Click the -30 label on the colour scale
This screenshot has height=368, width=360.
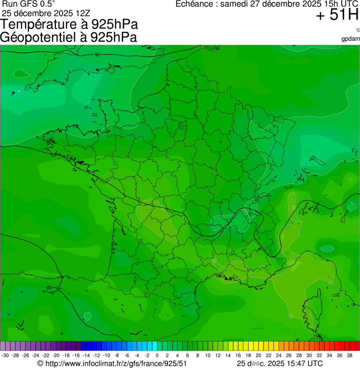(x=6, y=355)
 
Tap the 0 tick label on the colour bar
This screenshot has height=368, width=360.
(x=157, y=355)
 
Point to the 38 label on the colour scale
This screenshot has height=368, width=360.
(x=350, y=355)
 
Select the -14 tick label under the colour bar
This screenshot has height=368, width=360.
(x=86, y=355)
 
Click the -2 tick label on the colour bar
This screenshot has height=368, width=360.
(x=147, y=355)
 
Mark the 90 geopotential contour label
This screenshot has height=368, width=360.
(x=97, y=55)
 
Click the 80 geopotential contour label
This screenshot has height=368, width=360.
(x=49, y=287)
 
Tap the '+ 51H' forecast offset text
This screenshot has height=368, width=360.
(x=337, y=15)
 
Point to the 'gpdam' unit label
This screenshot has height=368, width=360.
(x=351, y=38)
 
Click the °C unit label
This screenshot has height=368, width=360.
(x=357, y=30)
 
